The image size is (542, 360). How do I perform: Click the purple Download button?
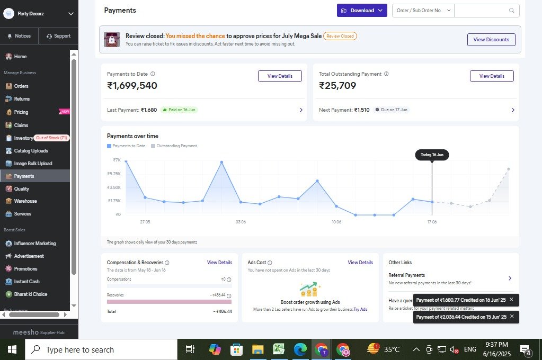pyautogui.click(x=362, y=11)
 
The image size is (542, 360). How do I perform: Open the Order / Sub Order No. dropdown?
pyautogui.click(x=423, y=11)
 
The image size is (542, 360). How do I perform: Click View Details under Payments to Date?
pyautogui.click(x=280, y=76)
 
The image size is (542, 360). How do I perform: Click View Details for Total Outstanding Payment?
pyautogui.click(x=492, y=76)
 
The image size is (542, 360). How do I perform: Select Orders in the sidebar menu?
pyautogui.click(x=21, y=86)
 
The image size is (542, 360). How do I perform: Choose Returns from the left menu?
pyautogui.click(x=22, y=99)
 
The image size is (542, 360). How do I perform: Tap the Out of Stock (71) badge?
pyautogui.click(x=51, y=138)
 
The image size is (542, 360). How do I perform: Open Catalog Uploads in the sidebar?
pyautogui.click(x=31, y=151)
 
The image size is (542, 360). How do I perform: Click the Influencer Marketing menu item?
pyautogui.click(x=34, y=244)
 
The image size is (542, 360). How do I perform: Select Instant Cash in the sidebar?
pyautogui.click(x=26, y=282)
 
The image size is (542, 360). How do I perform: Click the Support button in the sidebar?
pyautogui.click(x=58, y=36)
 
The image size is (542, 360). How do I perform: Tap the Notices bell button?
pyautogui.click(x=19, y=36)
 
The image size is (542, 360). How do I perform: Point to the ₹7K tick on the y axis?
pyautogui.click(x=117, y=160)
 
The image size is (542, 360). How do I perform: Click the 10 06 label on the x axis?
pyautogui.click(x=336, y=222)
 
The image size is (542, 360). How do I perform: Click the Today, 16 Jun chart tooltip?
pyautogui.click(x=432, y=155)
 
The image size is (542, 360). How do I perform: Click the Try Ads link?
pyautogui.click(x=360, y=309)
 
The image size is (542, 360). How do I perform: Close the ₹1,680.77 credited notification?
pyautogui.click(x=511, y=300)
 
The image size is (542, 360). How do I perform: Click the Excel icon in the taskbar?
pyautogui.click(x=279, y=349)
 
